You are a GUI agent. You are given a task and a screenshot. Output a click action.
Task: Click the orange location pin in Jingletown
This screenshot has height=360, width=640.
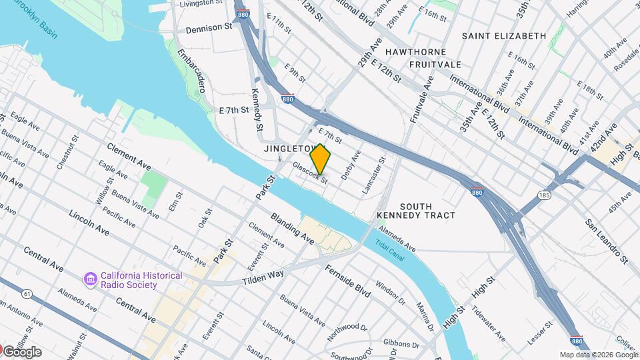pyautogui.click(x=321, y=159)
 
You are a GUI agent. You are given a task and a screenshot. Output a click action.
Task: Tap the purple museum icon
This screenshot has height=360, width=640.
pyautogui.click(x=89, y=276)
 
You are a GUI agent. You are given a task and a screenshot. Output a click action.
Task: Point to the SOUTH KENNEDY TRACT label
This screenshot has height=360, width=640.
pyautogui.click(x=416, y=211)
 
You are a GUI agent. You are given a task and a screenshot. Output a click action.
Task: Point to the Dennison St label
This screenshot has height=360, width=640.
pyautogui.click(x=209, y=29)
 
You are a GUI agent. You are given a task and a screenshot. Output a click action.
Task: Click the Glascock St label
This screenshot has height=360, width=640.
pyautogui.click(x=310, y=172)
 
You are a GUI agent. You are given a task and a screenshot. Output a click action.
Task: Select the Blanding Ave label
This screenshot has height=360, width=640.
pyautogui.click(x=293, y=227)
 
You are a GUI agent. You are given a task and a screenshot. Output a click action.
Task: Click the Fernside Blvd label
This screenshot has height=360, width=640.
pyautogui.click(x=347, y=281)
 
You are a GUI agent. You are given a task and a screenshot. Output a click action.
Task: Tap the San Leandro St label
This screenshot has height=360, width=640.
pyautogui.click(x=607, y=240)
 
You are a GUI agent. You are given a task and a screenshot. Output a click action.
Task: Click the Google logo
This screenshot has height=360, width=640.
pyautogui.click(x=21, y=352)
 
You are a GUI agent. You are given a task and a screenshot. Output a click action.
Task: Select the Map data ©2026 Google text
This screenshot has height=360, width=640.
pyautogui.click(x=598, y=355)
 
